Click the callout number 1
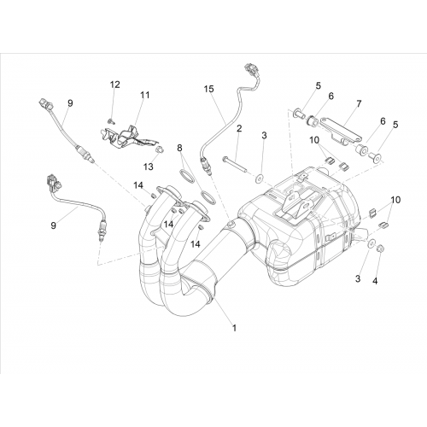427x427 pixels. tap(234, 328)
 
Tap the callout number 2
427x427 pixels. tap(239, 128)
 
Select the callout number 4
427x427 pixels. tap(375, 281)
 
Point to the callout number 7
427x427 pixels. tap(359, 104)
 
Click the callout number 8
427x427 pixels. tap(179, 148)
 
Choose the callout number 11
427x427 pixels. tap(145, 95)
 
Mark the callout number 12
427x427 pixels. tap(115, 85)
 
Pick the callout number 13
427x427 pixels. tap(149, 167)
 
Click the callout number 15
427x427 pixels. tap(208, 89)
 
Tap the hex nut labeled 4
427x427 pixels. tap(379, 249)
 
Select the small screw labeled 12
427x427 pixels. tap(111, 121)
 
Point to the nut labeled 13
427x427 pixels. tap(160, 149)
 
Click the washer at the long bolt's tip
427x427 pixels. tap(260, 179)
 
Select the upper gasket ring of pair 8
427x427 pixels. tap(186, 175)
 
